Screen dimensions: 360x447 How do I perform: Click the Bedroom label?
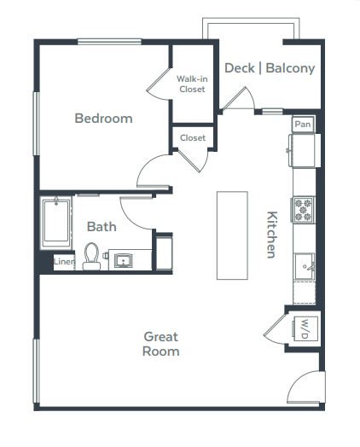tap(103, 119)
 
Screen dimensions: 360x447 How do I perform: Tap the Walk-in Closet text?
tap(192, 84)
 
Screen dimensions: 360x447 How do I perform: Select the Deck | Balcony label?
tap(270, 68)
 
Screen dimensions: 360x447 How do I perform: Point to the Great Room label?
tap(161, 344)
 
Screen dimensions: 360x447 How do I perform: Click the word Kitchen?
tap(271, 235)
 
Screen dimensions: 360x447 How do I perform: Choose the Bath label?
tap(102, 227)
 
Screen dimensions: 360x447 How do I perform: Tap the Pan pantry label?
tap(303, 125)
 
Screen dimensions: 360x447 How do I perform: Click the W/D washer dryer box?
tap(305, 328)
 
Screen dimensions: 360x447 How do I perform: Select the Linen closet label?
tap(64, 261)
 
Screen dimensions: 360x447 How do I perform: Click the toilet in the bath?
tap(91, 256)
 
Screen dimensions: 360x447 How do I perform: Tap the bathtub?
tap(55, 222)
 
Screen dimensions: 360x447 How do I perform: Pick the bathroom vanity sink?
tap(123, 261)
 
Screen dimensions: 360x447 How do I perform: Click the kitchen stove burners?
tap(303, 210)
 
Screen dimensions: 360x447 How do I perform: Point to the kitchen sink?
tap(305, 266)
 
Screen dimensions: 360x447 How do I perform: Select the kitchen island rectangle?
tap(232, 235)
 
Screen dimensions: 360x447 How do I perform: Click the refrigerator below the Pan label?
tap(303, 150)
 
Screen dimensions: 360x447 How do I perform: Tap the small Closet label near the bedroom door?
tap(193, 138)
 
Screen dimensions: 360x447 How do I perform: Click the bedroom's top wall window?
tap(109, 42)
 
